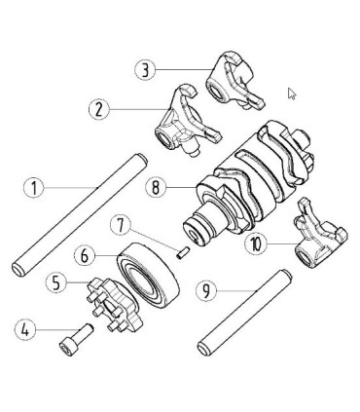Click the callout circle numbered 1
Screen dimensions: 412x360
point(34,187)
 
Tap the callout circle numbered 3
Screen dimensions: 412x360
point(145,70)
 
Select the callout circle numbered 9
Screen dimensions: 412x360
point(205,290)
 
